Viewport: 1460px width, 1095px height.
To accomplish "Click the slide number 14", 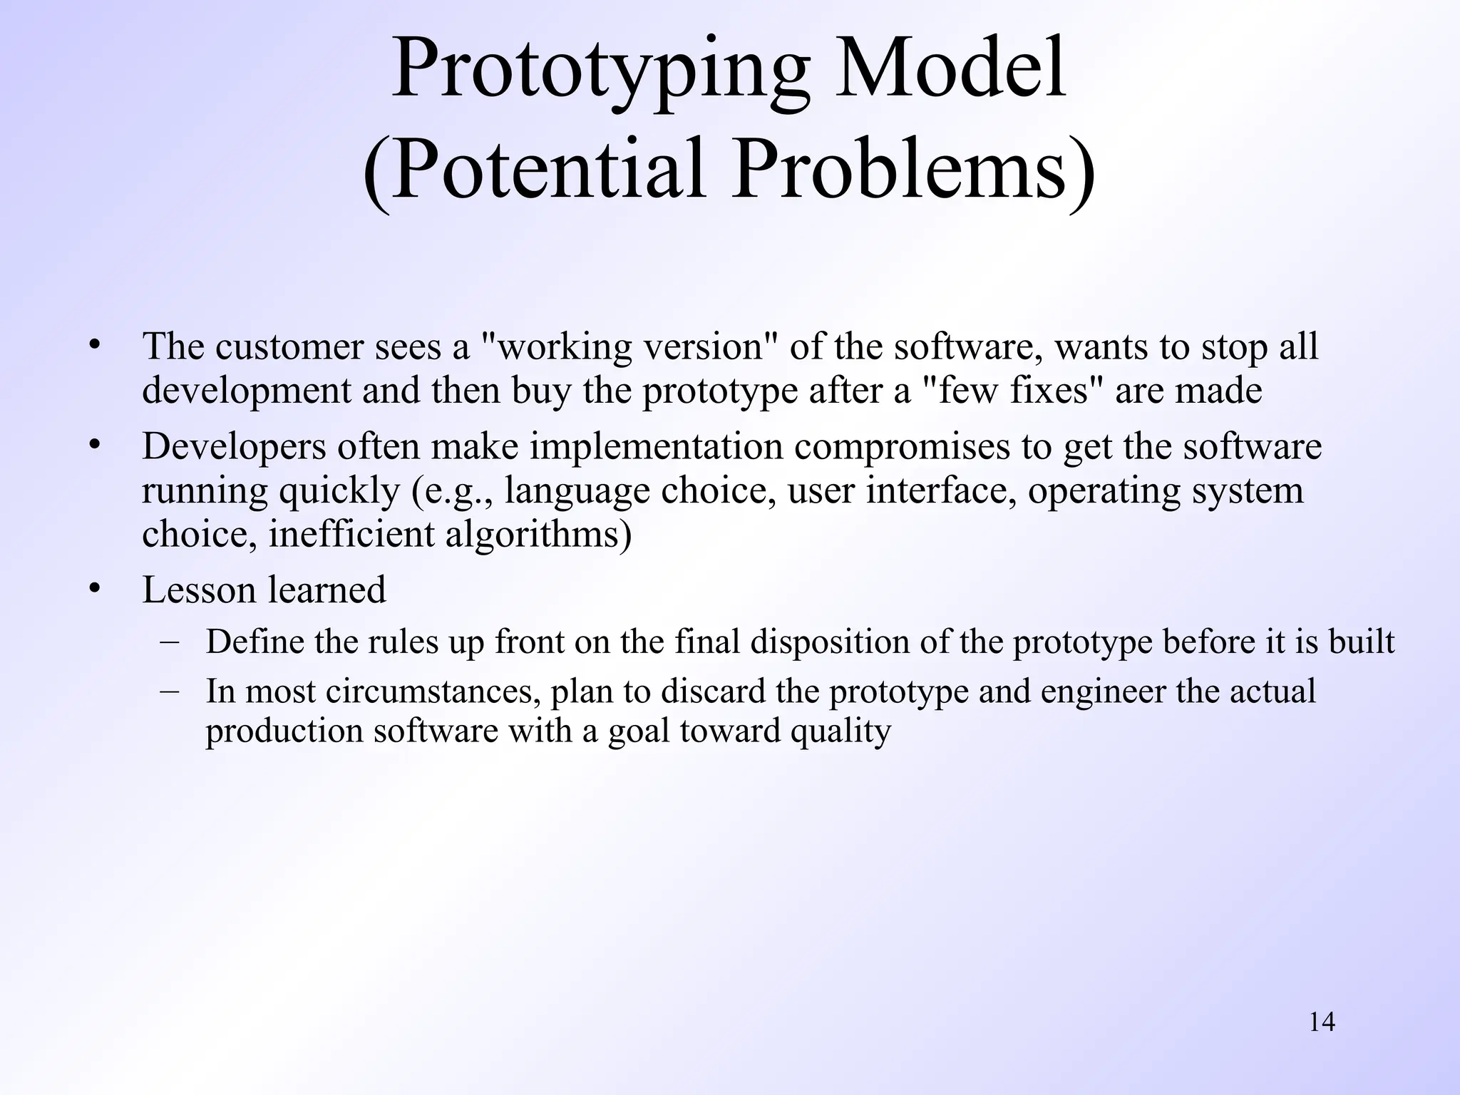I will pos(1322,1022).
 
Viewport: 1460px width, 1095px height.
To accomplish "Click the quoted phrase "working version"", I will pos(632,347).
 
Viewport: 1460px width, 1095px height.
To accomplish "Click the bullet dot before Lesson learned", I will pos(94,589).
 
